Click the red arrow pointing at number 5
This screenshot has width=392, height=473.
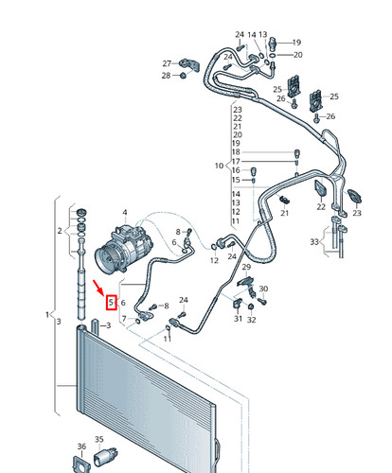click(x=98, y=287)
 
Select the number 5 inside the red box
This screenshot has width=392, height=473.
click(x=111, y=303)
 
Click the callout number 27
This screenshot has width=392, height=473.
click(x=167, y=63)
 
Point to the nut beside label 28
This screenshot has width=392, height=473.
click(x=183, y=76)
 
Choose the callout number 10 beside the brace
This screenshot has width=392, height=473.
click(x=219, y=166)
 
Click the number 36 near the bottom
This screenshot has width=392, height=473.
click(x=81, y=447)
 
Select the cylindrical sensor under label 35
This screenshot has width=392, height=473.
click(x=106, y=457)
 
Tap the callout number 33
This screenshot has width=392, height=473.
click(x=314, y=242)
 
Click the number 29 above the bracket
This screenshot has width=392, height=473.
click(x=246, y=267)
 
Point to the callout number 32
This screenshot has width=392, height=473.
click(x=251, y=320)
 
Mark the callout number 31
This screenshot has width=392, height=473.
click(x=238, y=319)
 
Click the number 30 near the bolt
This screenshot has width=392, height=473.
click(x=263, y=289)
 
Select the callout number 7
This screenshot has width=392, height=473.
click(x=124, y=319)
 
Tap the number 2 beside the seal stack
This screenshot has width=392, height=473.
click(x=60, y=231)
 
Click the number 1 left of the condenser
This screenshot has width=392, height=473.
click(x=47, y=314)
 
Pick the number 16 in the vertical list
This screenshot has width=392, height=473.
click(x=236, y=170)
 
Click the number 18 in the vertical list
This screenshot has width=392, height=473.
click(x=236, y=152)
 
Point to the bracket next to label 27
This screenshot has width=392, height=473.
click(x=189, y=65)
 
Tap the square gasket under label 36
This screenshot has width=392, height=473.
click(x=81, y=464)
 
